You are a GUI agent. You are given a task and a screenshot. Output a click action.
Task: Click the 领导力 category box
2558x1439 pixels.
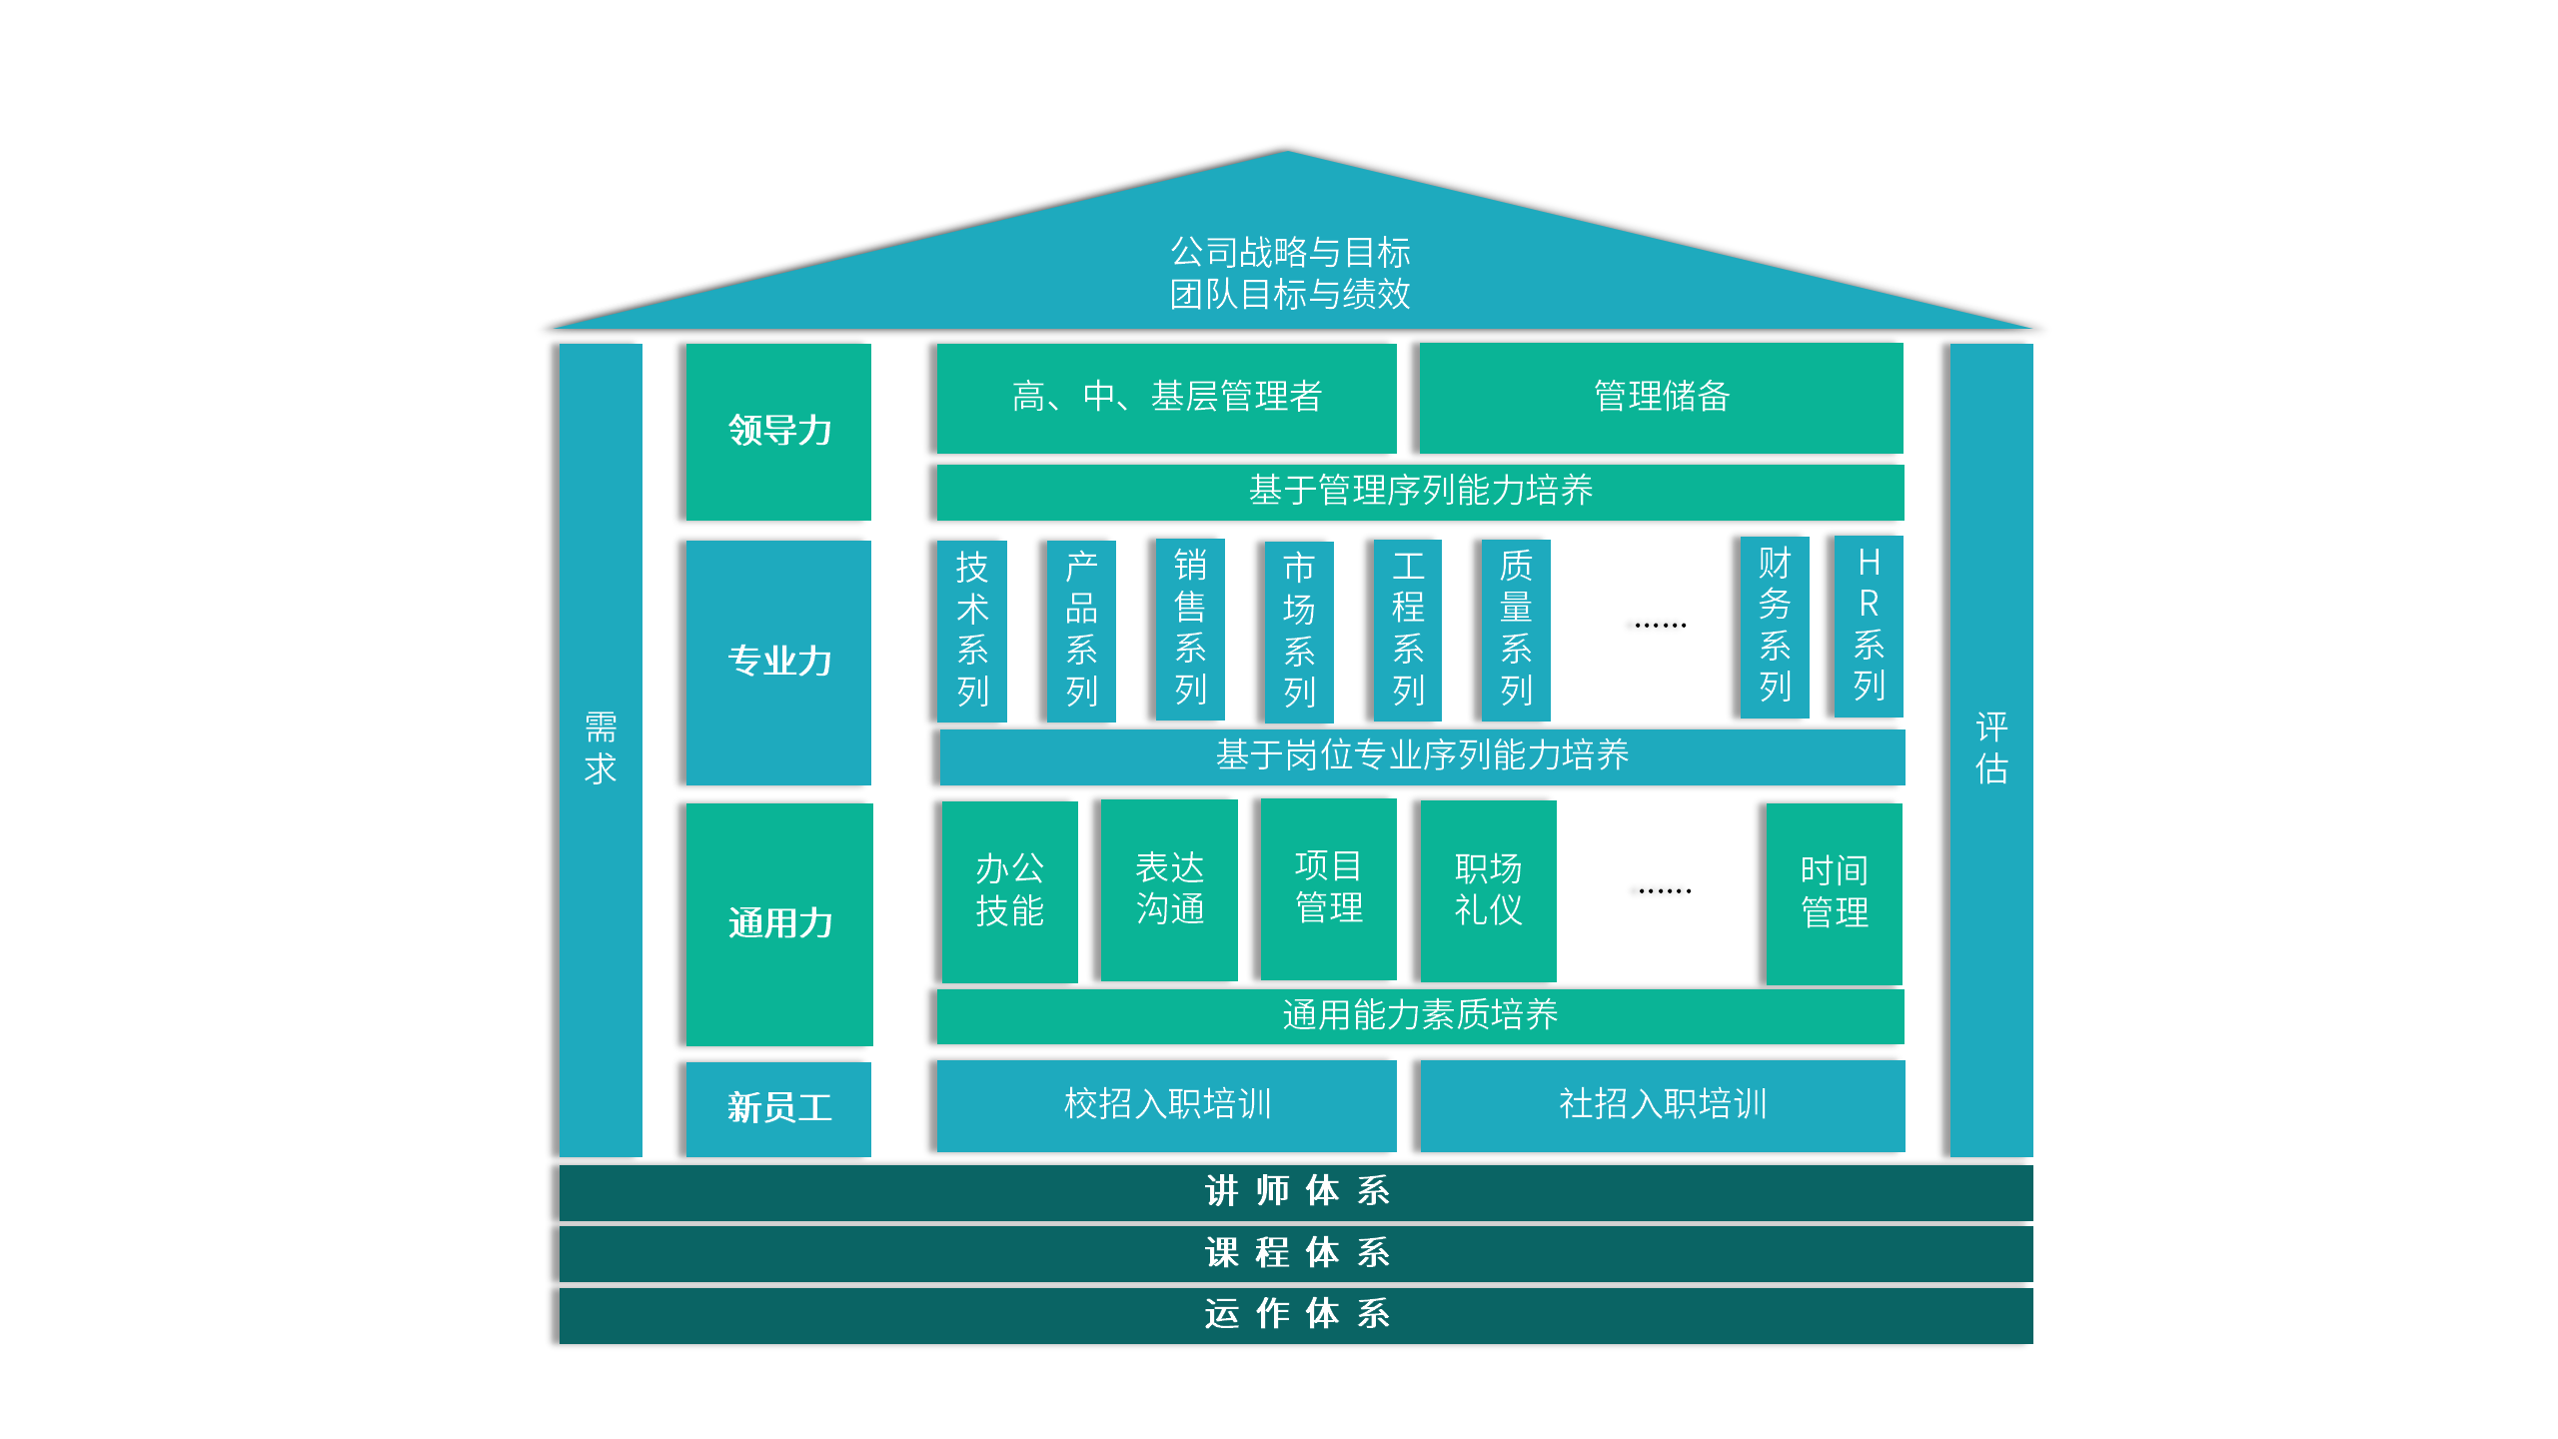(x=778, y=431)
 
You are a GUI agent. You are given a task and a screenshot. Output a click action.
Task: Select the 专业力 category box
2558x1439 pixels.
(x=778, y=662)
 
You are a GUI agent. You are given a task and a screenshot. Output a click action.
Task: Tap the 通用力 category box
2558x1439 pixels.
(x=779, y=923)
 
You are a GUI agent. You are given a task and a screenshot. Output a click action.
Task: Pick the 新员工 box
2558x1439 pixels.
(x=778, y=1107)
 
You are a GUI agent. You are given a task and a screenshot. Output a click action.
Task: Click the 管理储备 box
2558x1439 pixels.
(x=1661, y=397)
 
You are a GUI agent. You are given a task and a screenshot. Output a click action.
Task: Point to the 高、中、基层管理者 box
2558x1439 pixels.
(x=1166, y=397)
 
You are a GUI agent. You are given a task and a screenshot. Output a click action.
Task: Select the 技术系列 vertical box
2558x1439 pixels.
(x=972, y=630)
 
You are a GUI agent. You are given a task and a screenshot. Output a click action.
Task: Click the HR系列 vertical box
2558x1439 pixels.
(x=1869, y=626)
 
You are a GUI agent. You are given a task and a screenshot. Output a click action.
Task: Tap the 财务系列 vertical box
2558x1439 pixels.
(x=1775, y=627)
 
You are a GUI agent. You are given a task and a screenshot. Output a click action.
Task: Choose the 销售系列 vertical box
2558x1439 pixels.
(x=1190, y=629)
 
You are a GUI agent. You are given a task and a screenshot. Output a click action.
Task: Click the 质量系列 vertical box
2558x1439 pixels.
(x=1516, y=630)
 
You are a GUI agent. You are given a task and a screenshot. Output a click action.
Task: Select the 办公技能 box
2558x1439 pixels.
(x=1010, y=890)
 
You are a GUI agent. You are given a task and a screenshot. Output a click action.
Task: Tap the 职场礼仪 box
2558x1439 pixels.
(x=1488, y=889)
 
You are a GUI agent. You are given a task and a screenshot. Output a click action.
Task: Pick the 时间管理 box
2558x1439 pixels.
(x=1835, y=892)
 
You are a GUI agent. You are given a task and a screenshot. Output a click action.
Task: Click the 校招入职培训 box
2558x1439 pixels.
(x=1166, y=1104)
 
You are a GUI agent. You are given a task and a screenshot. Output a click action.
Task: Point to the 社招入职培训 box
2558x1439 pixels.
(x=1663, y=1104)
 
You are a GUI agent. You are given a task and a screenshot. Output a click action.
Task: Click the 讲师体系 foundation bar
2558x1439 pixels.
(x=1296, y=1192)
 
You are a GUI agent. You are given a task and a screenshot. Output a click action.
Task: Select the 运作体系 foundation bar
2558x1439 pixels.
(x=1296, y=1315)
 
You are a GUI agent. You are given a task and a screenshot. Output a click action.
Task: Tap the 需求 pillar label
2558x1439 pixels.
(x=601, y=748)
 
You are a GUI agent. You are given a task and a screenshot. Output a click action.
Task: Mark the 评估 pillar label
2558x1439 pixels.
(x=1991, y=748)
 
